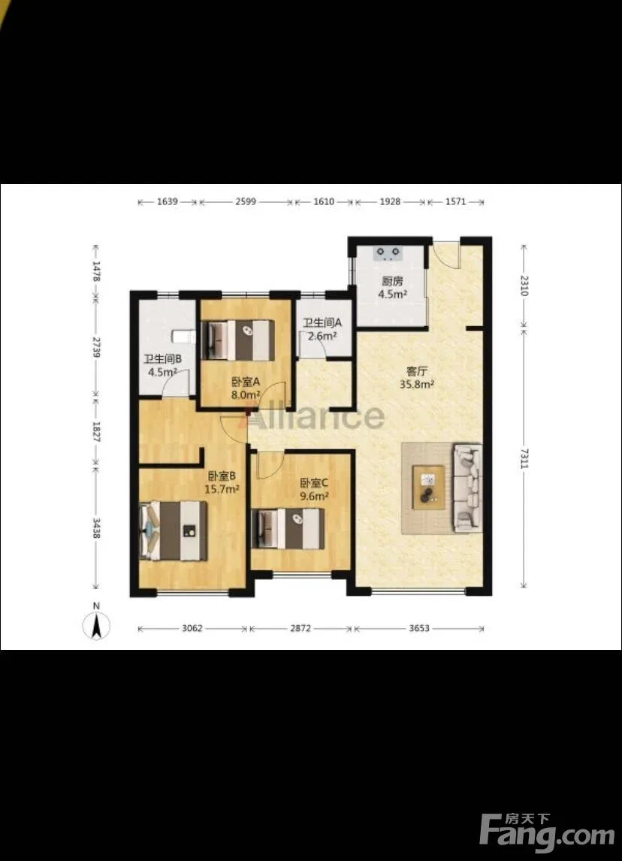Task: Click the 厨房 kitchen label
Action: tap(393, 281)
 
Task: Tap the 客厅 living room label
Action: tap(417, 372)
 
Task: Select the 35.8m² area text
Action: tap(417, 385)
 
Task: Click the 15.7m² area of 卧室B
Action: tap(222, 488)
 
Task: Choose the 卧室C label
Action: tap(314, 483)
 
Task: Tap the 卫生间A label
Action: tap(322, 323)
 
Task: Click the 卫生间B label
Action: tap(163, 359)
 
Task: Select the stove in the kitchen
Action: tap(388, 253)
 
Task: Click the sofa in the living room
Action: tap(466, 488)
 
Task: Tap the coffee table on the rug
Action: tap(429, 488)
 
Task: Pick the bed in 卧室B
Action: tap(173, 530)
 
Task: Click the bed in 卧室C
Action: tap(288, 529)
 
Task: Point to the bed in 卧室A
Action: tap(238, 340)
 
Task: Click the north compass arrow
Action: tap(96, 625)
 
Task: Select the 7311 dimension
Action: tap(524, 458)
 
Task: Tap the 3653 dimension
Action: tap(419, 628)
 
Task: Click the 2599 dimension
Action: tap(246, 201)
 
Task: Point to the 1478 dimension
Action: tap(97, 271)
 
